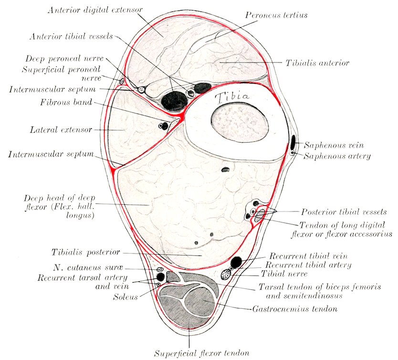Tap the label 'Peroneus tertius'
[x=276, y=15]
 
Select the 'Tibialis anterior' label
[x=317, y=63]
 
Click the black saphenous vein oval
[x=293, y=142]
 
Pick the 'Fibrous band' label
[x=73, y=102]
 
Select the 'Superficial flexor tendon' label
[x=201, y=354]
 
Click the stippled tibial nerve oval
[x=226, y=274]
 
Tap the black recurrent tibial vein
[x=236, y=262]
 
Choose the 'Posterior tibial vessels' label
[x=344, y=212]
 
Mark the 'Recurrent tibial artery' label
[x=308, y=265]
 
